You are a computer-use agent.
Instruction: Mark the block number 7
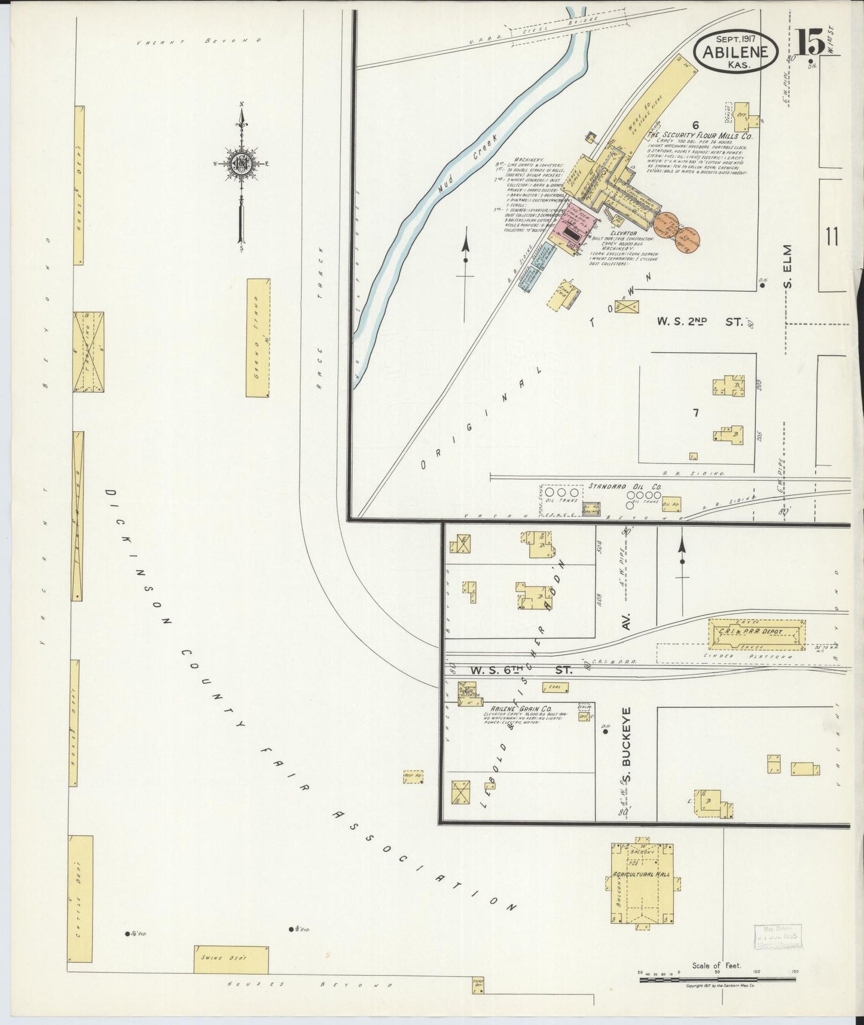click(x=696, y=413)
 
